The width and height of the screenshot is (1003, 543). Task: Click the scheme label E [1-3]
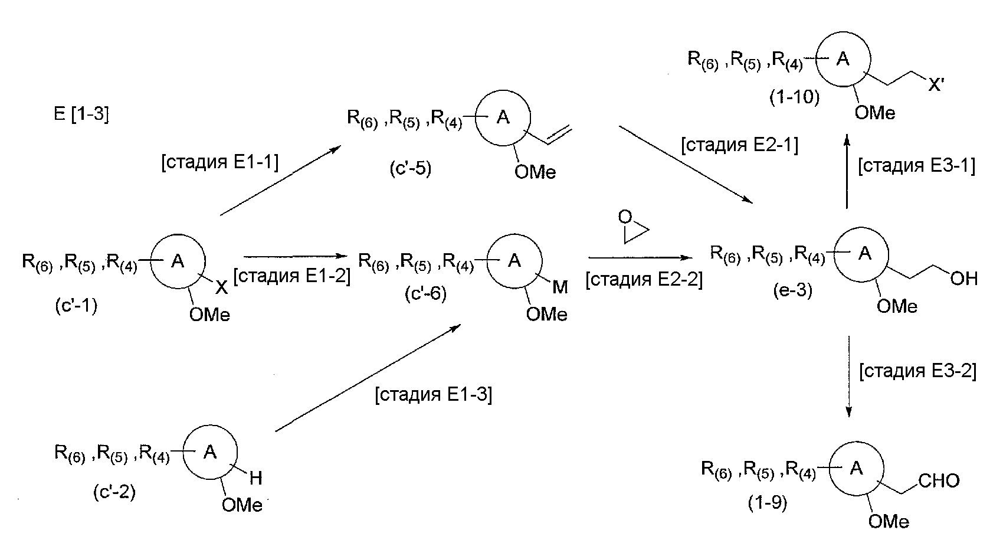[81, 113]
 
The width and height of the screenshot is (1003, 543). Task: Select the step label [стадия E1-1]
[219, 162]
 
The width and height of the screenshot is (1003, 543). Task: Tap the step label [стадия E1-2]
[292, 276]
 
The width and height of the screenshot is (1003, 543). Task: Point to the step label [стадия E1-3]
[433, 394]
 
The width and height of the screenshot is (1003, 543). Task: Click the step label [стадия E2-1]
[739, 145]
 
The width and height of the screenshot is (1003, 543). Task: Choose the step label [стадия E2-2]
[644, 280]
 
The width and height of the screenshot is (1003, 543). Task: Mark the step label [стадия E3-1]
[916, 166]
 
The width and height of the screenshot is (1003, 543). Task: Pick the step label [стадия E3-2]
[917, 371]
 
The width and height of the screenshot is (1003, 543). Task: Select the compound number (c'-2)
[114, 492]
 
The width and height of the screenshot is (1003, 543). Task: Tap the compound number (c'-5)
[410, 169]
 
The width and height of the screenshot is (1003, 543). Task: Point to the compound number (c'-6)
[425, 293]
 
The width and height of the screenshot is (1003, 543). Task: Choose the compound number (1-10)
[794, 97]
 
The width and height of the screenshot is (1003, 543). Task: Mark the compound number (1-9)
[767, 502]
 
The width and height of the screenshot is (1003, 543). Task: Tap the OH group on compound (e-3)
[964, 278]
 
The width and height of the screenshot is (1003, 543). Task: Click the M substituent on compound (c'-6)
[560, 287]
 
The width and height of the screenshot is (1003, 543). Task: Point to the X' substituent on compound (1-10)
[936, 86]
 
